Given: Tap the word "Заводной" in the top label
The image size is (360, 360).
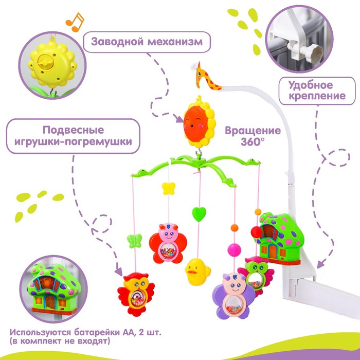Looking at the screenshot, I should [116, 41].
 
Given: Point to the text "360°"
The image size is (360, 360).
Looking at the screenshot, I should [251, 141].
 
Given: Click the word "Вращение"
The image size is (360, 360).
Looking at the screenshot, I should [253, 130].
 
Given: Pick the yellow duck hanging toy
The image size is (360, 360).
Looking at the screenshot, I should [196, 271].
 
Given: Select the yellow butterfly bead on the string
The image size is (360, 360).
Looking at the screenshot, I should [166, 188].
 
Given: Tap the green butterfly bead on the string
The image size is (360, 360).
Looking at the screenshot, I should [134, 240].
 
